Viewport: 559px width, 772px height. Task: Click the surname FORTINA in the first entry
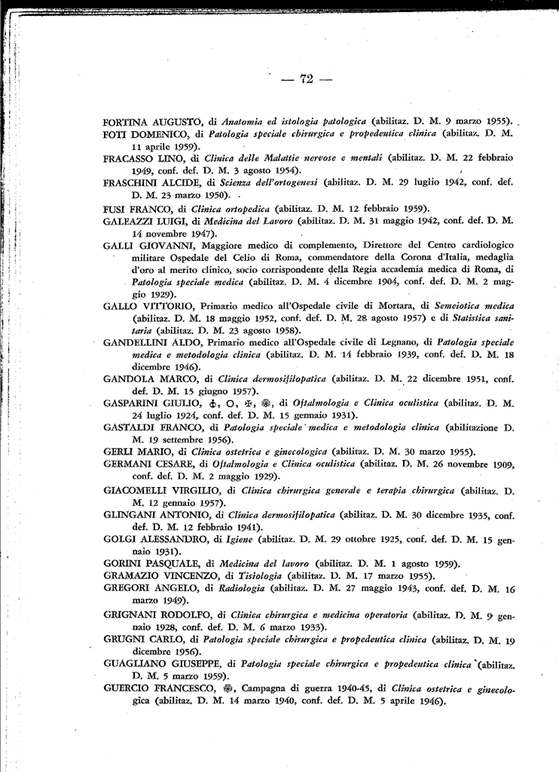coord(127,121)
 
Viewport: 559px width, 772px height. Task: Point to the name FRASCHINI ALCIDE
coord(149,182)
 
